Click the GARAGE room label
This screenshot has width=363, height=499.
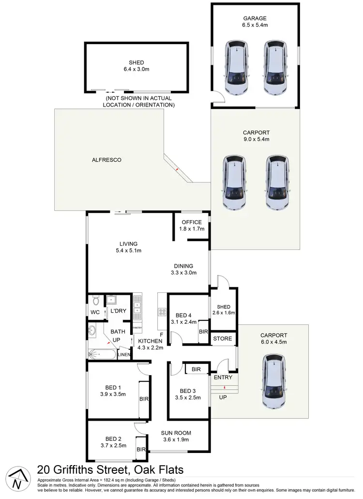click(255, 18)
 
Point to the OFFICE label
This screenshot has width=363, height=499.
click(192, 222)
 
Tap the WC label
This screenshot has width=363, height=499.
click(95, 312)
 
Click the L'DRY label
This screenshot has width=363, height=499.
click(119, 311)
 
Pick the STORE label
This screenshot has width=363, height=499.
click(223, 339)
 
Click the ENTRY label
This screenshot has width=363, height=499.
click(223, 378)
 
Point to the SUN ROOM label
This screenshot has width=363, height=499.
click(177, 433)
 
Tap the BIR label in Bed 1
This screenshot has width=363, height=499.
click(144, 400)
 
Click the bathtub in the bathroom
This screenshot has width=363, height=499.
click(102, 355)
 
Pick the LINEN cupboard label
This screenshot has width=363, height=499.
click(124, 356)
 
